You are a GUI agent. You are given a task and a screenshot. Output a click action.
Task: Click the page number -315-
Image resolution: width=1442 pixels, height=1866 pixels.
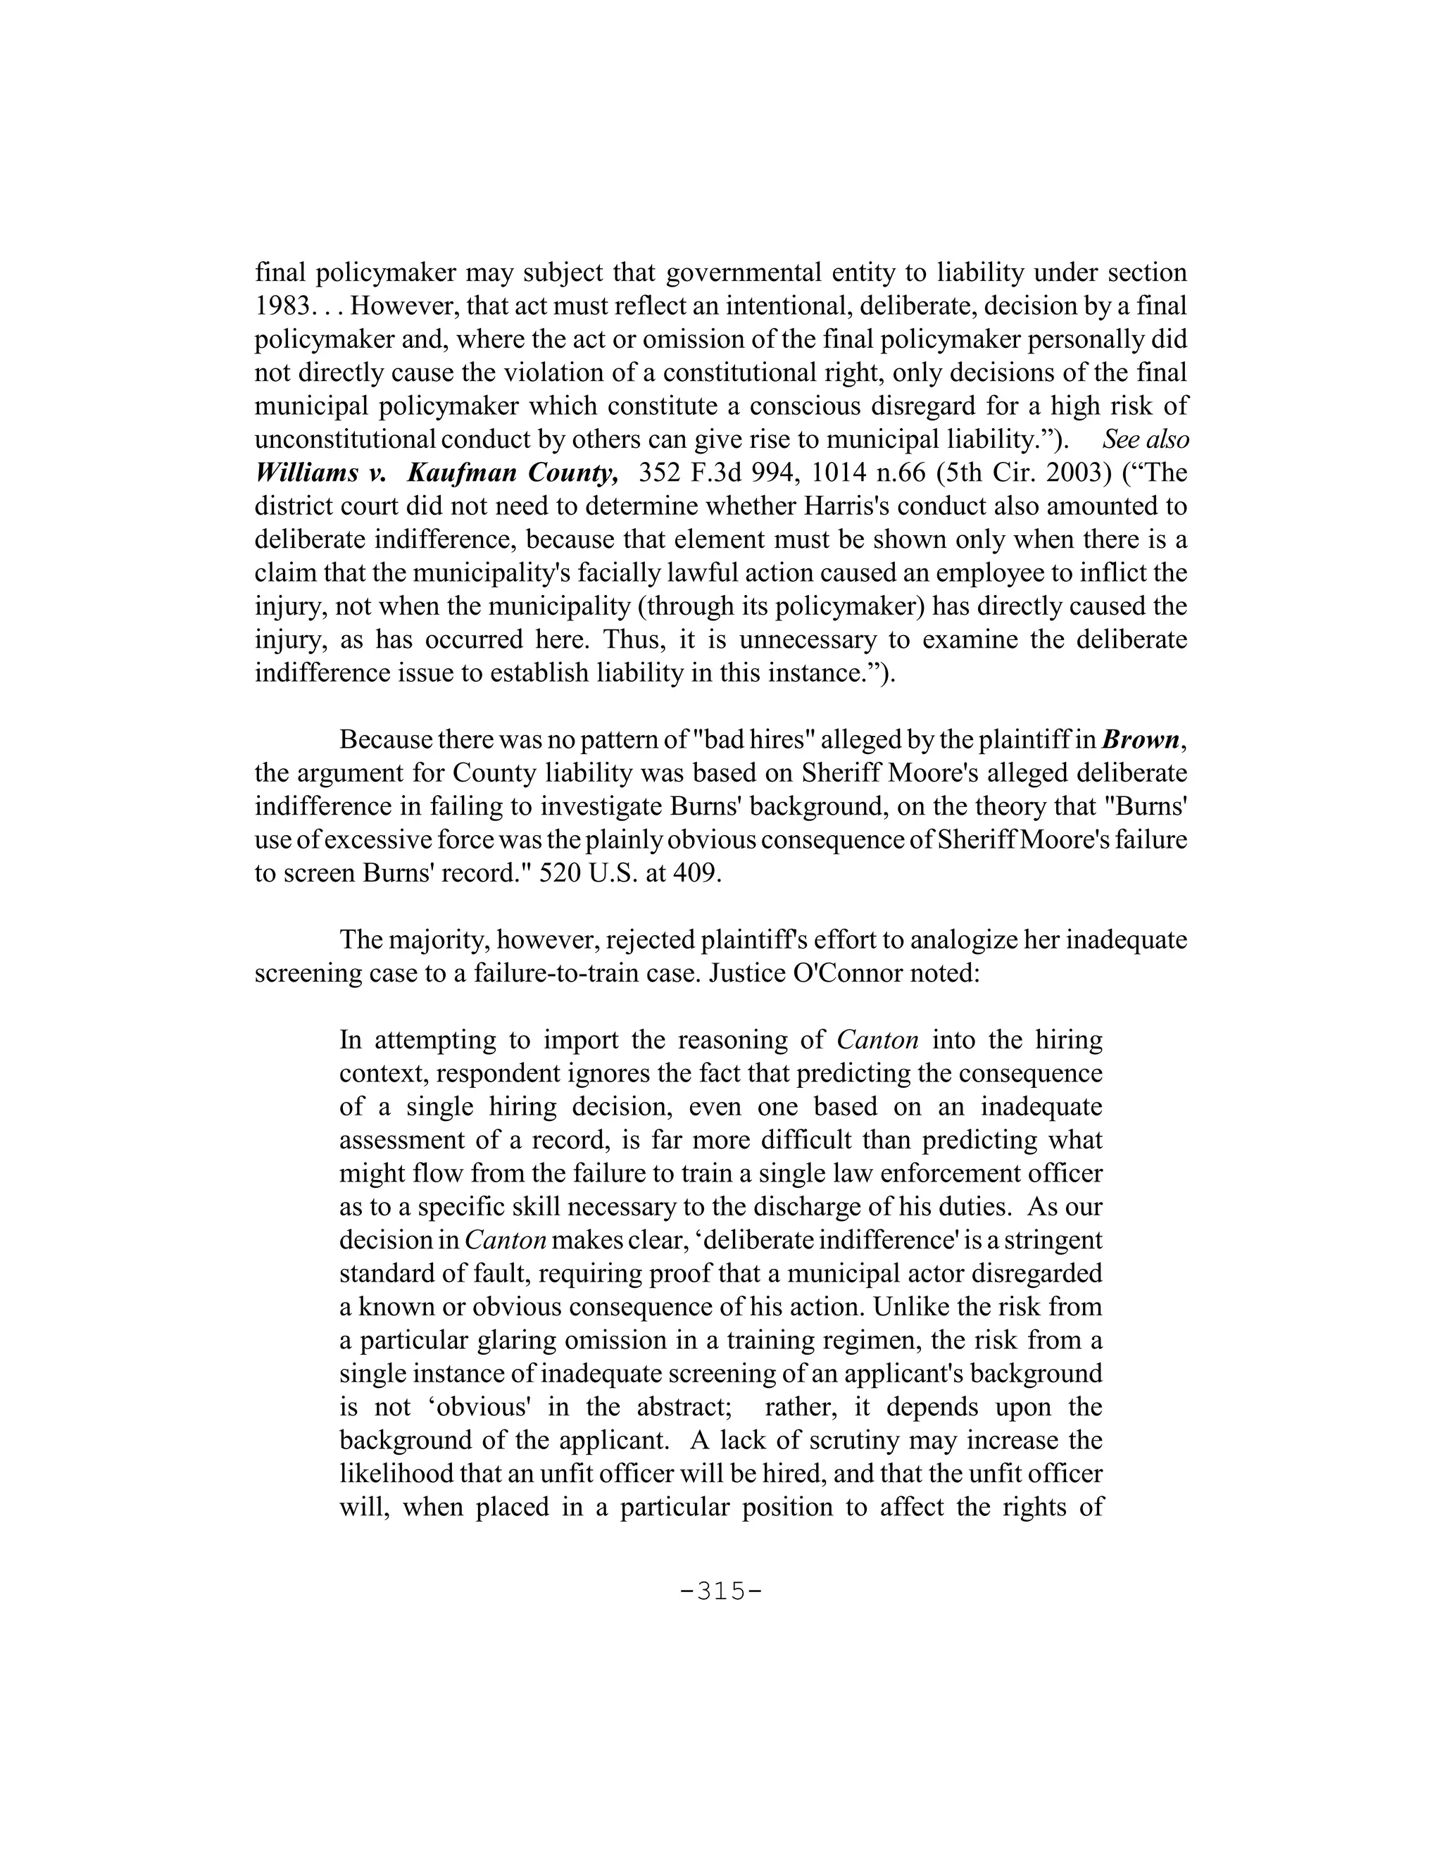(x=720, y=1591)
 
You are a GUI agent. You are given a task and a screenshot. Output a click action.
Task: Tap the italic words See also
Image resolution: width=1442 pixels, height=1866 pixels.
(x=1145, y=439)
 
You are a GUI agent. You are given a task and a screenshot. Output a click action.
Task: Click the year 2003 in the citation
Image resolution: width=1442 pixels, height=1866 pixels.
(x=1073, y=472)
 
